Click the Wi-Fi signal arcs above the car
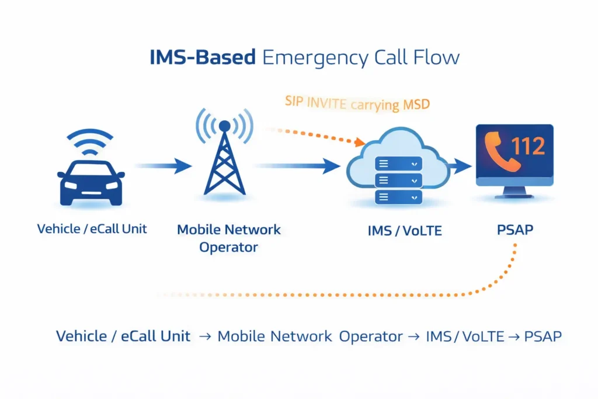coord(91,143)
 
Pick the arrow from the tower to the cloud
coord(298,166)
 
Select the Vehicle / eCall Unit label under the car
coord(92,228)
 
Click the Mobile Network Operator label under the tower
coord(228,238)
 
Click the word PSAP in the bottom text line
coord(543,337)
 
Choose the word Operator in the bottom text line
coord(371,337)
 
